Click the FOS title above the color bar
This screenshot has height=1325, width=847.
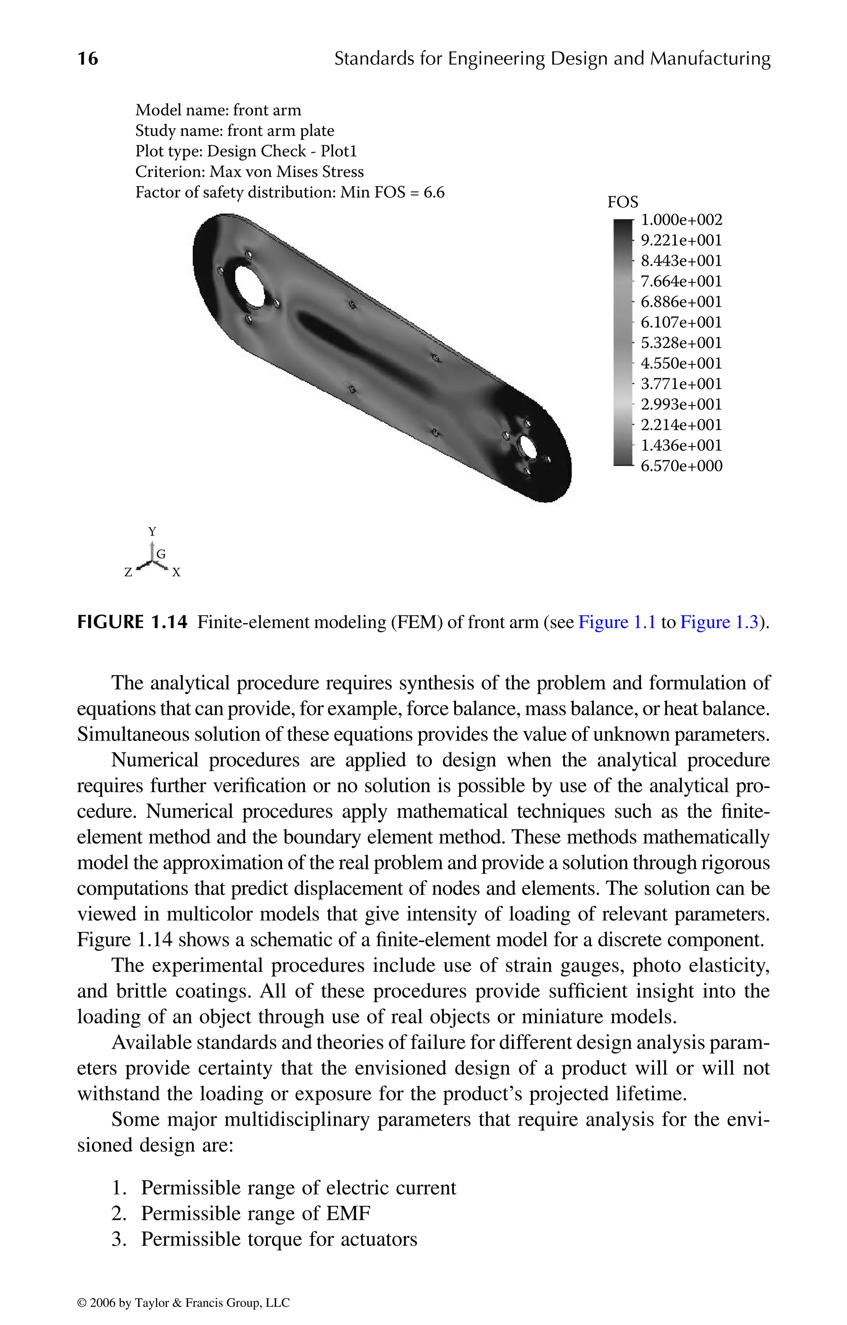click(622, 202)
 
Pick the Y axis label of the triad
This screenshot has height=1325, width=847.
click(152, 532)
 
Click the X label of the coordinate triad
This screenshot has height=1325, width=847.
click(176, 573)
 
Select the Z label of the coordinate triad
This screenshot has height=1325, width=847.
click(128, 573)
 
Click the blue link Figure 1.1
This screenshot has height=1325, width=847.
click(617, 622)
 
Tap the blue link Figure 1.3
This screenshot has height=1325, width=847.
click(719, 622)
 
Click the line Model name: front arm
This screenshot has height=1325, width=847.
click(218, 110)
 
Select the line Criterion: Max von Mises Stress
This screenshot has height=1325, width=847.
click(249, 172)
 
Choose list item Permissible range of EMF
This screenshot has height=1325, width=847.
click(256, 1213)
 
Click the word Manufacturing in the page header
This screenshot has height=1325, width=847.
click(710, 58)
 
